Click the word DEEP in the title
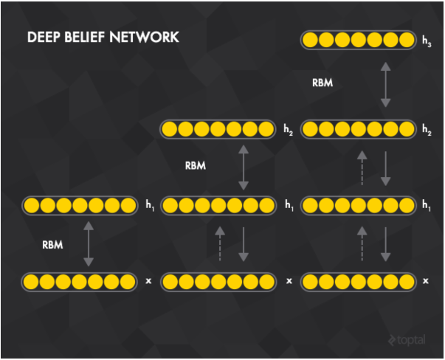(44, 37)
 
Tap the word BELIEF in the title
(85, 37)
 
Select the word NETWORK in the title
(144, 37)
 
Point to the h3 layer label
(427, 41)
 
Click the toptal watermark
(407, 340)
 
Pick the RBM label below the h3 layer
(322, 83)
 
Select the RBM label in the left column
(52, 245)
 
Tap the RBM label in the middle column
(196, 166)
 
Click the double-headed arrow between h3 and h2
(385, 85)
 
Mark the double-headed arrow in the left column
(89, 243)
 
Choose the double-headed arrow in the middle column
(244, 167)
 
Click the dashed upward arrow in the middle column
(220, 243)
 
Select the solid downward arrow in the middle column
(244, 244)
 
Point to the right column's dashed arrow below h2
(362, 167)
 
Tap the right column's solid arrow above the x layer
(385, 244)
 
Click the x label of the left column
(148, 281)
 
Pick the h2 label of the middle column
(288, 130)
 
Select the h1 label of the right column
(427, 205)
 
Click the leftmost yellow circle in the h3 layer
(310, 40)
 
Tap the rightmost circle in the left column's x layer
(128, 282)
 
